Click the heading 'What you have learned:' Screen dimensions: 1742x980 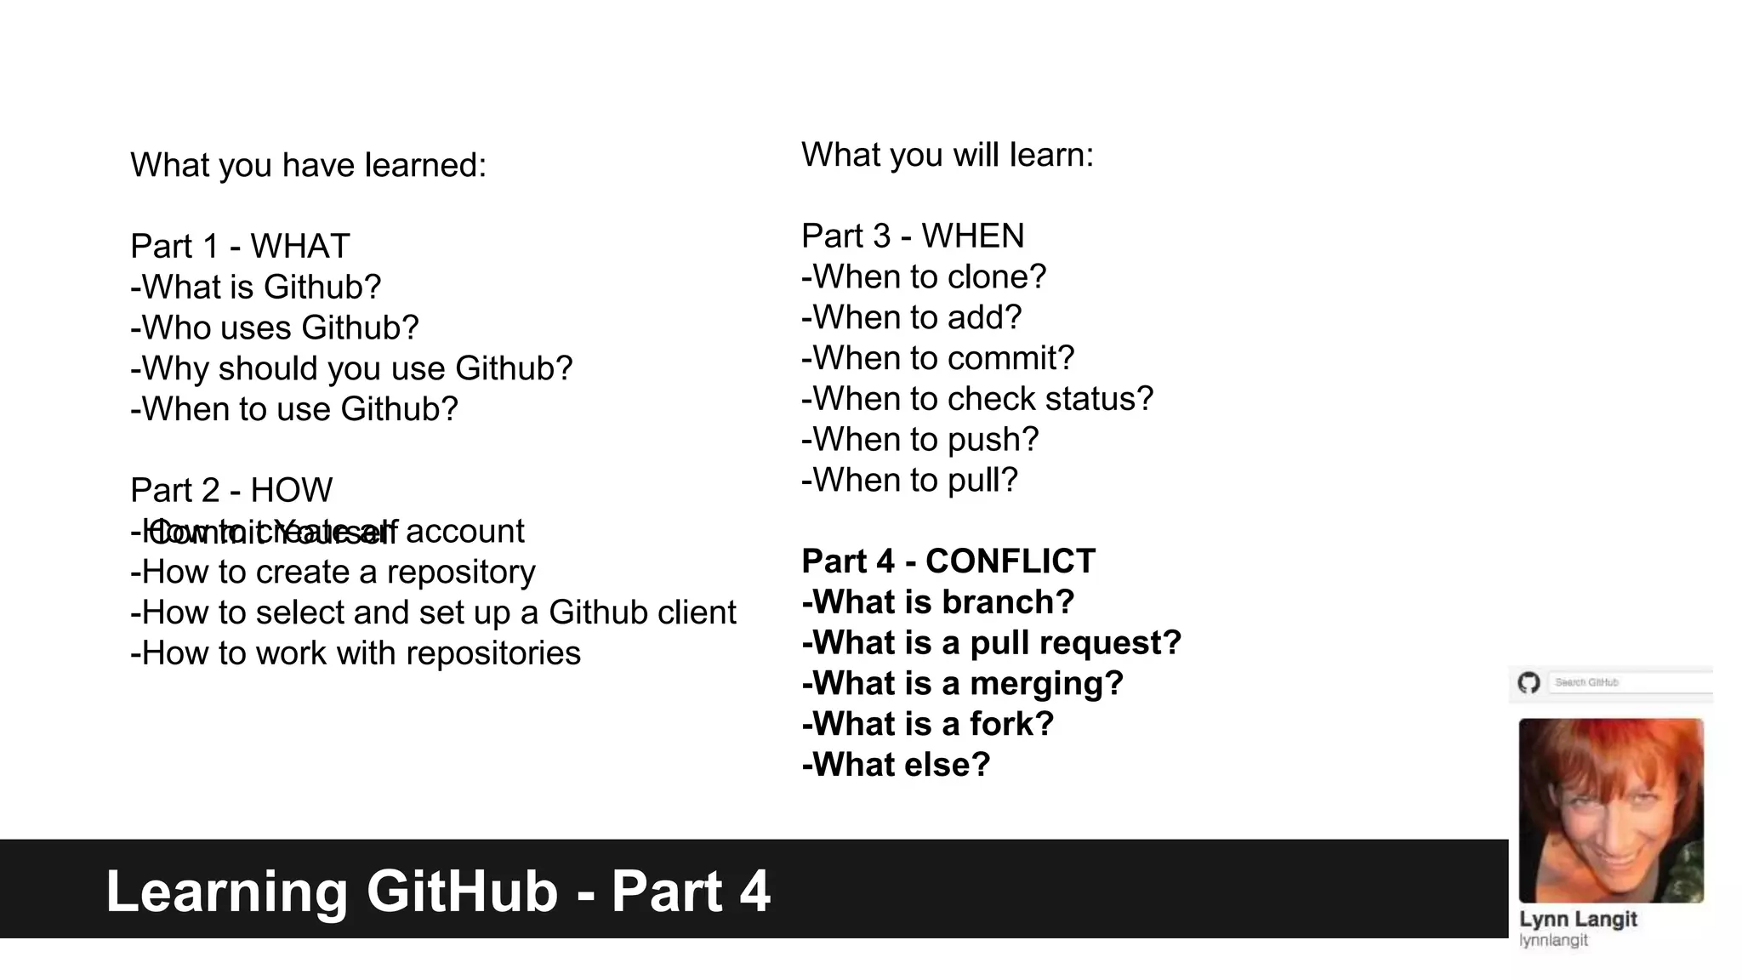click(x=308, y=165)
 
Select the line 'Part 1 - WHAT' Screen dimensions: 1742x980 click(x=240, y=247)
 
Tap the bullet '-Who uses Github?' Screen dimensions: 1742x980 click(x=274, y=328)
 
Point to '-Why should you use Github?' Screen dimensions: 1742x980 click(x=351, y=368)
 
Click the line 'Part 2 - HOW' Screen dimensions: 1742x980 click(x=231, y=491)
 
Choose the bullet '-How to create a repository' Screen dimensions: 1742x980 click(x=333, y=572)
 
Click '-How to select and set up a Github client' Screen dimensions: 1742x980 click(x=433, y=612)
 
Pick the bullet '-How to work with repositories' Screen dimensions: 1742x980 click(x=356, y=653)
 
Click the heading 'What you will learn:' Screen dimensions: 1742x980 click(x=947, y=155)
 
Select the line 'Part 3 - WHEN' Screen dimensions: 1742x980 click(x=913, y=236)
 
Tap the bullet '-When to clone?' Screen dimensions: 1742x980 click(x=924, y=276)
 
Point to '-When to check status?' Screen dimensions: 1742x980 click(x=977, y=399)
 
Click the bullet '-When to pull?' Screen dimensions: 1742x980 click(x=909, y=480)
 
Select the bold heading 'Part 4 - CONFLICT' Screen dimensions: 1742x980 click(x=948, y=561)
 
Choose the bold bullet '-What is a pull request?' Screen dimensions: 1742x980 click(x=992, y=643)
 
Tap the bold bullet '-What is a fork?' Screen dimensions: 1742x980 click(x=927, y=724)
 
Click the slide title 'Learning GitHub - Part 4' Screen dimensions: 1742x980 click(x=438, y=892)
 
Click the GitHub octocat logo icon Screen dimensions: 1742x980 click(x=1529, y=682)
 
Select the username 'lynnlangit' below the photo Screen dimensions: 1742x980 click(x=1553, y=940)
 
